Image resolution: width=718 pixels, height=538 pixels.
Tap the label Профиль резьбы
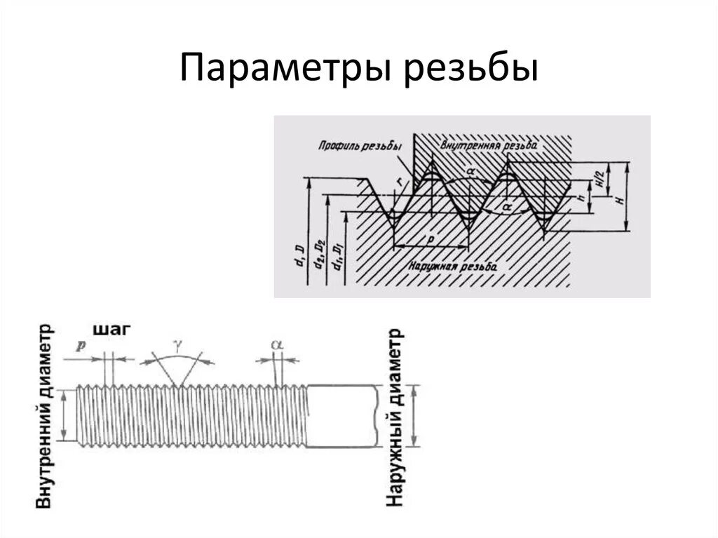(x=359, y=147)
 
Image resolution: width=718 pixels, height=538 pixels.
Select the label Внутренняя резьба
(x=489, y=144)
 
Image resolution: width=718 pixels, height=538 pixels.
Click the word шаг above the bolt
(x=111, y=330)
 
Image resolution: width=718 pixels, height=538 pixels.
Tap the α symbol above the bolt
(x=277, y=345)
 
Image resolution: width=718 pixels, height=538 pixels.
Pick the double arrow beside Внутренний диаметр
(x=63, y=415)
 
